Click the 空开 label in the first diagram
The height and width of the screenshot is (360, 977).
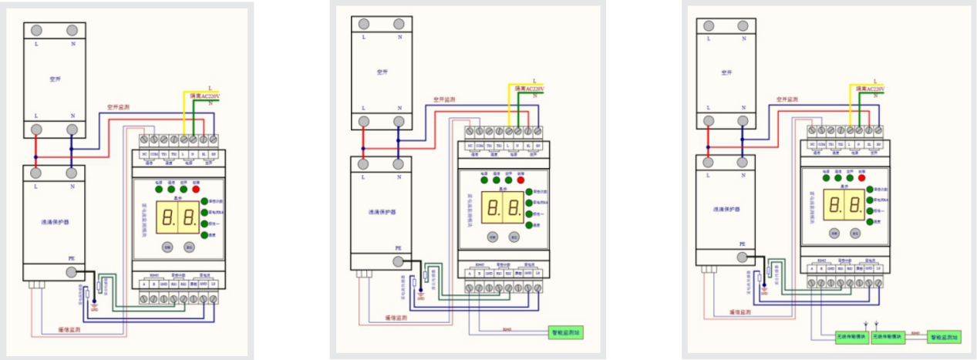[53, 79]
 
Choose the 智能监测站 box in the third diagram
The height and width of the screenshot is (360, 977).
[945, 337]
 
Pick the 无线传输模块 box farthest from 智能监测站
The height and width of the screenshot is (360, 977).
[851, 337]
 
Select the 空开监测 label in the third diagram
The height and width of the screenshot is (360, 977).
[787, 99]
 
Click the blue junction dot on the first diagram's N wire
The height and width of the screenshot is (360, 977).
[72, 148]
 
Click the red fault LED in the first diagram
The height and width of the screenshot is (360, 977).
[196, 189]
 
